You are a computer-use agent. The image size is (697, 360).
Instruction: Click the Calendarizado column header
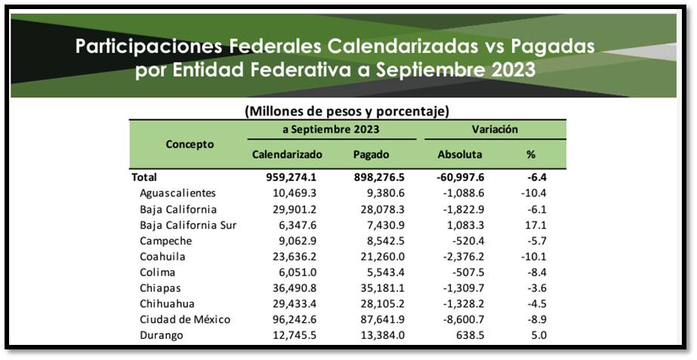(x=287, y=155)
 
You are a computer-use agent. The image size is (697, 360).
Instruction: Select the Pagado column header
(x=372, y=155)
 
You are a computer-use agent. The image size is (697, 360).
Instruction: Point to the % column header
(x=531, y=155)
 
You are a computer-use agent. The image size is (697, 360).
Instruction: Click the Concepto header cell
(x=190, y=143)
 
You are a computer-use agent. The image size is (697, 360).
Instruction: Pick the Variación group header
(x=495, y=130)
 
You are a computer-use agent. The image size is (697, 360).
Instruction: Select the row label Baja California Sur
(x=189, y=225)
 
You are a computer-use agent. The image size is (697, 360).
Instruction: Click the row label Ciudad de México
(x=185, y=319)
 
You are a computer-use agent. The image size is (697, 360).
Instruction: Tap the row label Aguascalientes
(x=178, y=193)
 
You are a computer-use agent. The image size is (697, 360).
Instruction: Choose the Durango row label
(x=162, y=335)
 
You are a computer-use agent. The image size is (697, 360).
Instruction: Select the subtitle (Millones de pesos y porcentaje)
(x=347, y=111)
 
